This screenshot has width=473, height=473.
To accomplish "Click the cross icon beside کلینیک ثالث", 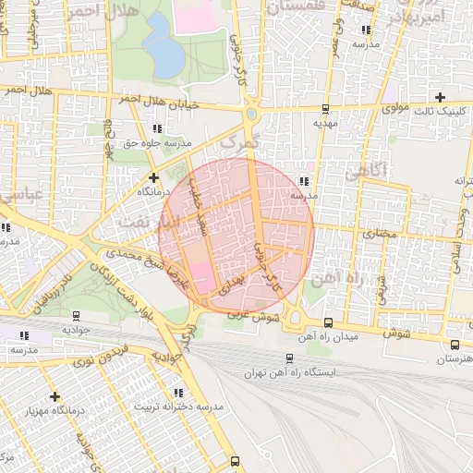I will [440, 97].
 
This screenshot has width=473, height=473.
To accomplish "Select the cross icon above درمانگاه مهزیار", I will [54, 395].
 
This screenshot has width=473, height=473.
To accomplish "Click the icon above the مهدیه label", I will [325, 107].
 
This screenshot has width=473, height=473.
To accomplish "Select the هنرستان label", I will [453, 358].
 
